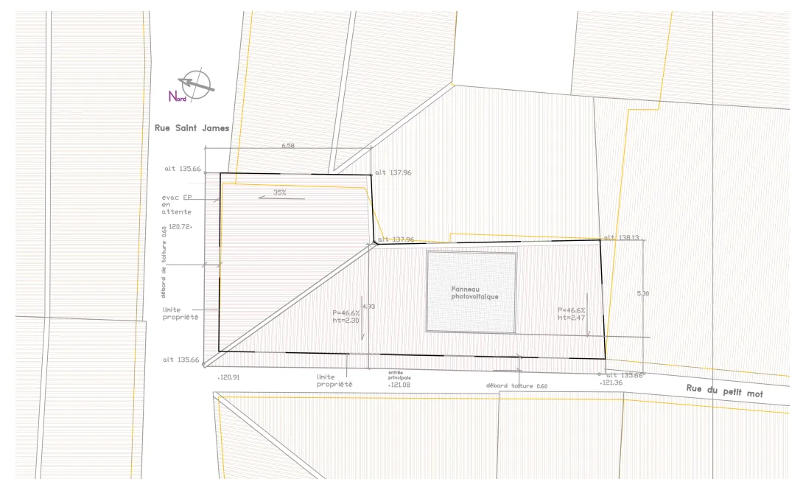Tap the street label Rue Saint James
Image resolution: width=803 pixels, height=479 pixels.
192,128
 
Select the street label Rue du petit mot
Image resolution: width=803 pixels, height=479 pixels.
724,391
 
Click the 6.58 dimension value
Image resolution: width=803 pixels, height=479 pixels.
288,146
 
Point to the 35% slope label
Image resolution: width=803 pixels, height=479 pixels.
280,192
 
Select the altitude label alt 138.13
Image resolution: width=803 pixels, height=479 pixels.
621,238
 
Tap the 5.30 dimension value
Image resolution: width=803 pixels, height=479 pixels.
642,293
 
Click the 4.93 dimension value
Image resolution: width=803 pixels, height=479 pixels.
369,306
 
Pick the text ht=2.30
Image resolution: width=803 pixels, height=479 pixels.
345,320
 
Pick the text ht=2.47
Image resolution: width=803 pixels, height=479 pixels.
571,318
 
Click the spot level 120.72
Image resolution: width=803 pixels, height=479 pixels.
180,227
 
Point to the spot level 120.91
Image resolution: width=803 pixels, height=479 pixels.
229,377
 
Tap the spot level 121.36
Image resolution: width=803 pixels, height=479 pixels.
611,383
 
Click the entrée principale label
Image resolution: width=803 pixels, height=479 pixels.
399,375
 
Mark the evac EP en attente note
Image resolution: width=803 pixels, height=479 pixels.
177,205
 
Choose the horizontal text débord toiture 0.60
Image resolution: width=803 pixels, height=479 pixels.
516,386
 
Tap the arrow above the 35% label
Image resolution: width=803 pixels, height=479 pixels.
272,198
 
